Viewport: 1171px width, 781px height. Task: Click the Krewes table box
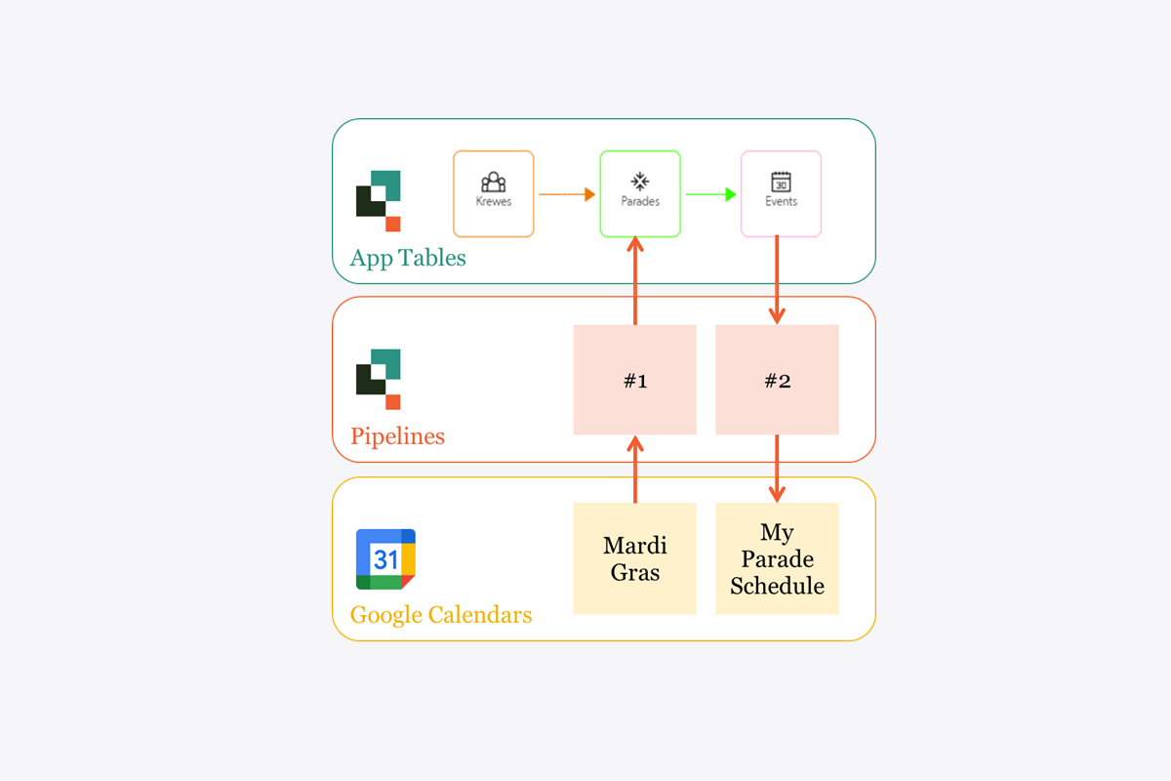[494, 193]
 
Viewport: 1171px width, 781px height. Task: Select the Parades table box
[640, 193]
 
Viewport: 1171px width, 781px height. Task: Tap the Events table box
[781, 193]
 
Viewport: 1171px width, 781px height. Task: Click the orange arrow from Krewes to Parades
[567, 194]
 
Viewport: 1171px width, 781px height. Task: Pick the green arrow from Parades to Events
[710, 194]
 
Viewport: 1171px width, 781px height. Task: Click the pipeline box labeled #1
[635, 380]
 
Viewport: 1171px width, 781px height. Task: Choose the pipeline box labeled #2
[777, 380]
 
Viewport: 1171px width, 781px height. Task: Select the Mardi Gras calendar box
[635, 558]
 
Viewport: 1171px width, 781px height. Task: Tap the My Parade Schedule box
[777, 558]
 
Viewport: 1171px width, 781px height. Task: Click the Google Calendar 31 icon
[386, 559]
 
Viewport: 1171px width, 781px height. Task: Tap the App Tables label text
[408, 258]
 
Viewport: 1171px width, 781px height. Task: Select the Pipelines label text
[397, 435]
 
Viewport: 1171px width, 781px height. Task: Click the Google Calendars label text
[441, 615]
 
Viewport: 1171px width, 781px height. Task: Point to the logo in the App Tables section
[379, 200]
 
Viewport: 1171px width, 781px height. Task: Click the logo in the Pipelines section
[379, 379]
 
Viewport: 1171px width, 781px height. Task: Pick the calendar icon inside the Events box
[781, 183]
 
